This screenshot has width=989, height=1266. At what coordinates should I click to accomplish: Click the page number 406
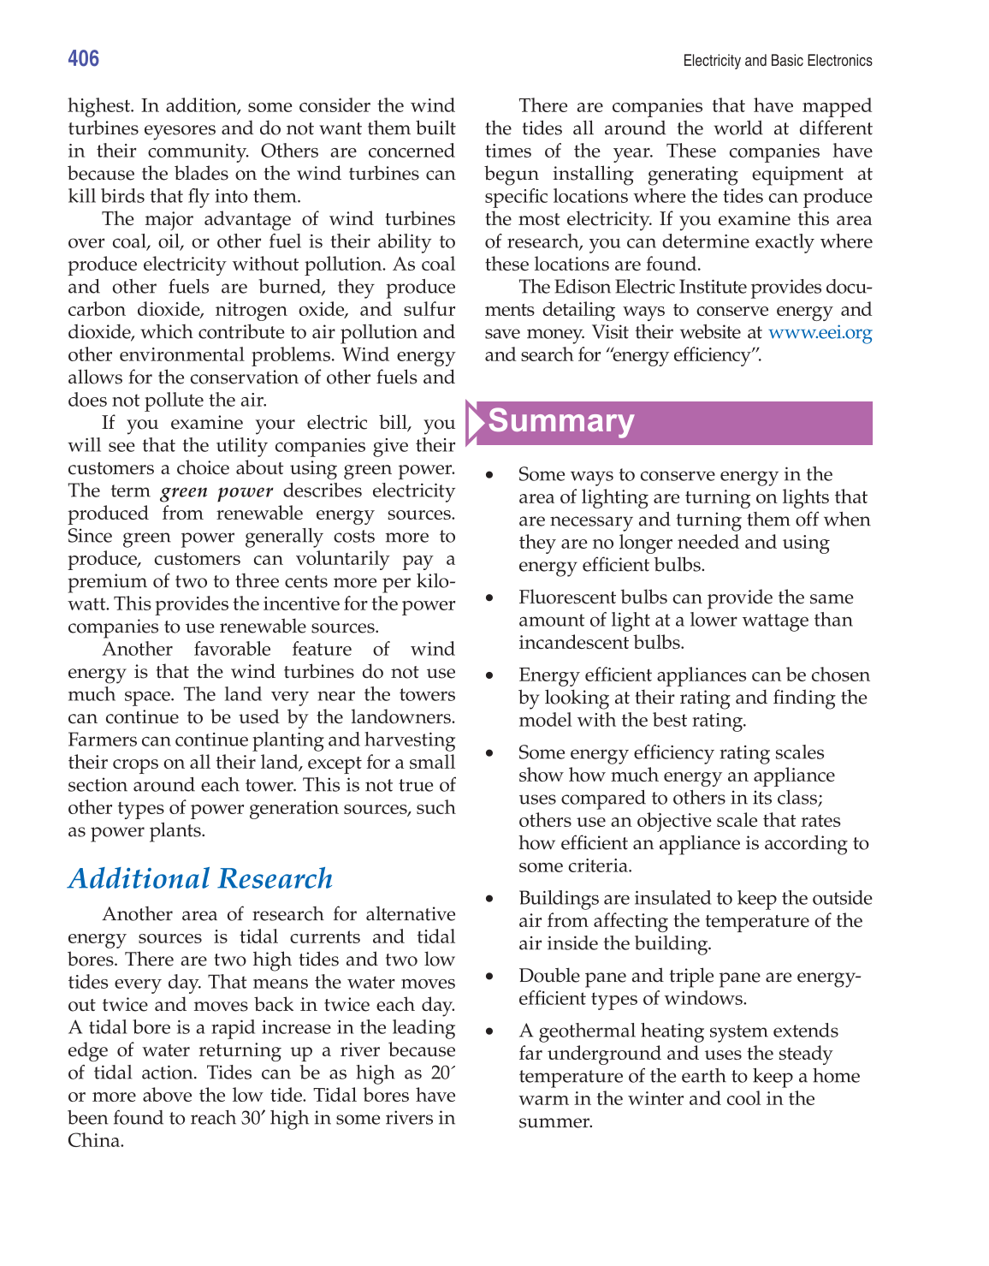click(84, 58)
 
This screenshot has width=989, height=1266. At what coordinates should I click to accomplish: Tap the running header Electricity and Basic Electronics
click(777, 61)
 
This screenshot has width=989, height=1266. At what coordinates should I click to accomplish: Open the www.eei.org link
click(820, 333)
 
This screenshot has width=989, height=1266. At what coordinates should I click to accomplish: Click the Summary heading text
click(561, 421)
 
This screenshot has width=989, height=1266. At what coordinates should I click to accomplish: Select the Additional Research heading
click(200, 878)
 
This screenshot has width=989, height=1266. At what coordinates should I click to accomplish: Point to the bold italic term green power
click(216, 491)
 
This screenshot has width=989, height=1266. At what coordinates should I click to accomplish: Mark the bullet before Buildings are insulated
click(489, 899)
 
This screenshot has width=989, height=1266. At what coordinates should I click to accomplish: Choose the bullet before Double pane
click(489, 977)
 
